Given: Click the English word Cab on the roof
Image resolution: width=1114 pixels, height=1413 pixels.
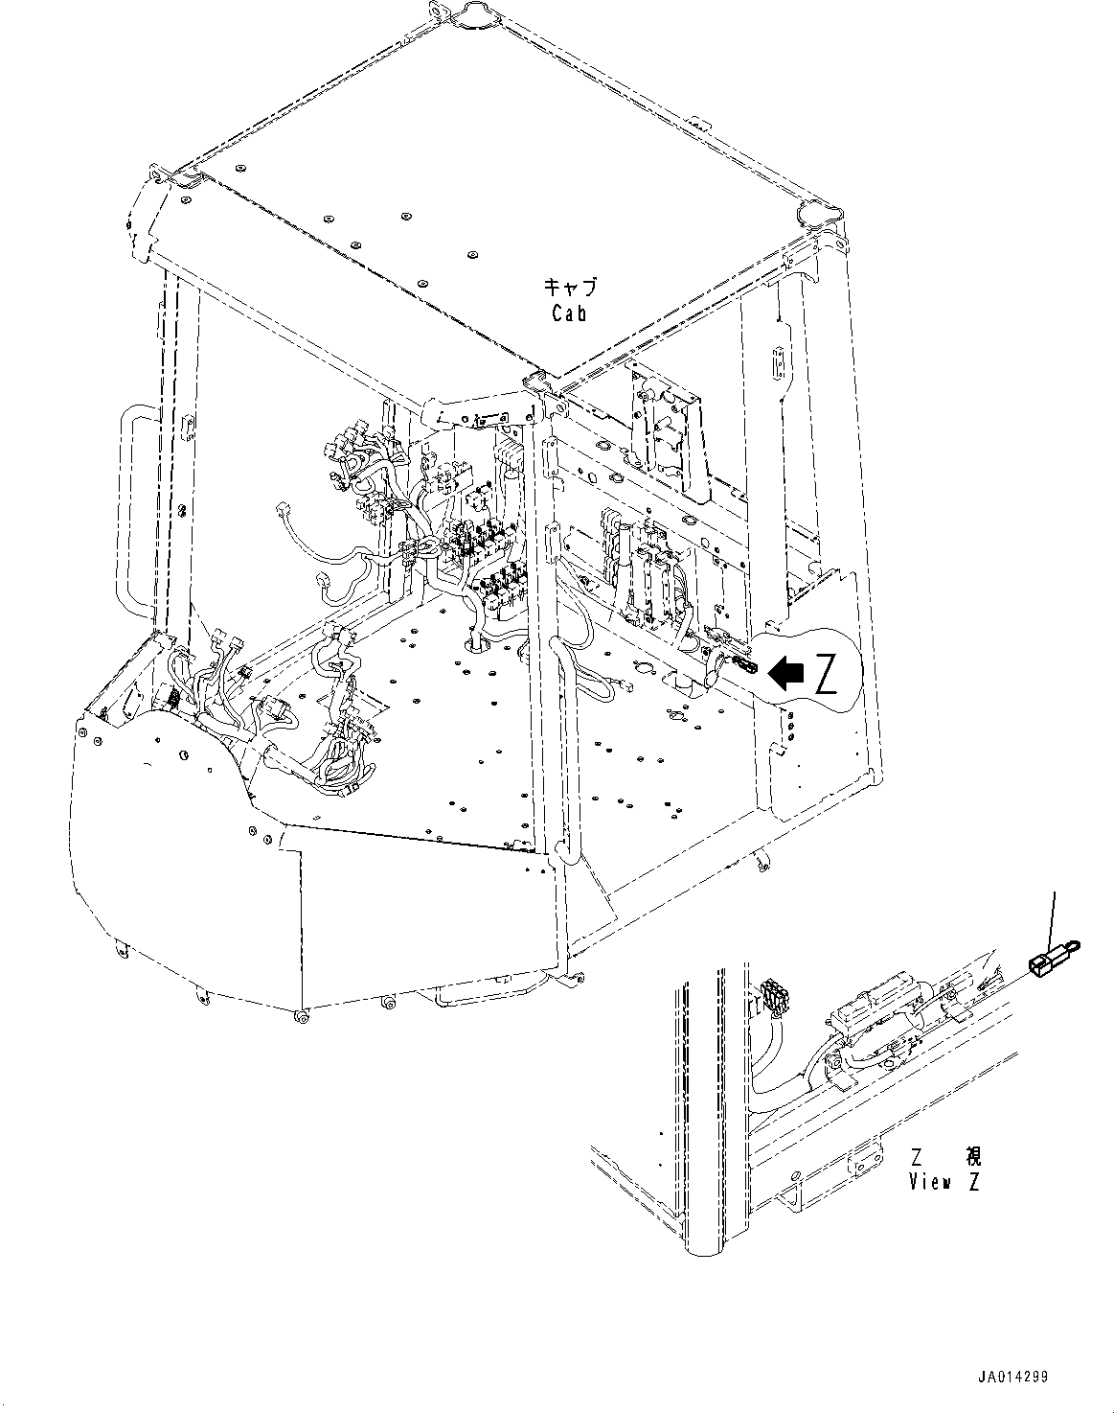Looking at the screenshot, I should pos(569,313).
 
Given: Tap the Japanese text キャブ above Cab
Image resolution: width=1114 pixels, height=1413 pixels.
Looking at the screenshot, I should pos(569,287).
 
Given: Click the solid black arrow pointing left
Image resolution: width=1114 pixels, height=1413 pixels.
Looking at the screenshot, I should pos(787,674).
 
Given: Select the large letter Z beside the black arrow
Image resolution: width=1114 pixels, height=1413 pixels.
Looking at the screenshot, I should pos(827,676).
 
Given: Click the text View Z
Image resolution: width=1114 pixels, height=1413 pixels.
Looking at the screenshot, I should pos(943,1182).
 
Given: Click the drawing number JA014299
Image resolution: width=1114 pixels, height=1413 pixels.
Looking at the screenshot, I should pos(1012,1378).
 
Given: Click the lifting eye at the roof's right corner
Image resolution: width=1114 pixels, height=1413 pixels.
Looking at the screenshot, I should pos(817,213).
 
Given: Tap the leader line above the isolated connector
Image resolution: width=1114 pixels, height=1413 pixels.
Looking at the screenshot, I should pos(1054,915).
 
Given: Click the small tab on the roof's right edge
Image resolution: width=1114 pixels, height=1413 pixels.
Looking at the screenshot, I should pos(698,122).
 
